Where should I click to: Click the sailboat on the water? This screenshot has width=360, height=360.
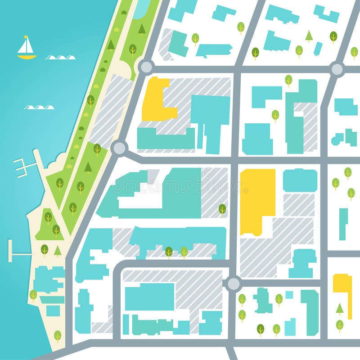point(27,49)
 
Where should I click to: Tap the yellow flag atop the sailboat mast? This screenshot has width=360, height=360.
point(26,37)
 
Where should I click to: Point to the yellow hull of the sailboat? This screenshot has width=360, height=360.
point(27,57)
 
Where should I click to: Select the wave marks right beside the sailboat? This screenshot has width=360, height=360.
point(60,58)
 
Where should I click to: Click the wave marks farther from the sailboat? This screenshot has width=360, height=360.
point(39,108)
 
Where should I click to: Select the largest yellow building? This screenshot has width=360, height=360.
point(257,200)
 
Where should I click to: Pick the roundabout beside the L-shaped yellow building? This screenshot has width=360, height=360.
point(146,67)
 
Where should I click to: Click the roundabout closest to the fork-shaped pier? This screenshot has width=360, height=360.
point(119,147)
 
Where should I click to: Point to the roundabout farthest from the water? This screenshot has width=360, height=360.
point(337,69)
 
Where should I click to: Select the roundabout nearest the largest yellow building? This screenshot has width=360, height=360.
point(233,283)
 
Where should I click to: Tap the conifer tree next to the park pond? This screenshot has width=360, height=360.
point(142,29)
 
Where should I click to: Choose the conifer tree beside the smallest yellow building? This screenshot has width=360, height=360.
point(340,308)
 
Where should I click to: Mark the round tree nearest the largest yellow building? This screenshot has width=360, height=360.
point(222,209)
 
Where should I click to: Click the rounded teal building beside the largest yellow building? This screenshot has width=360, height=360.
point(300,180)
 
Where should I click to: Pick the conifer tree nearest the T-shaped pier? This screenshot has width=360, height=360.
point(58,251)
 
